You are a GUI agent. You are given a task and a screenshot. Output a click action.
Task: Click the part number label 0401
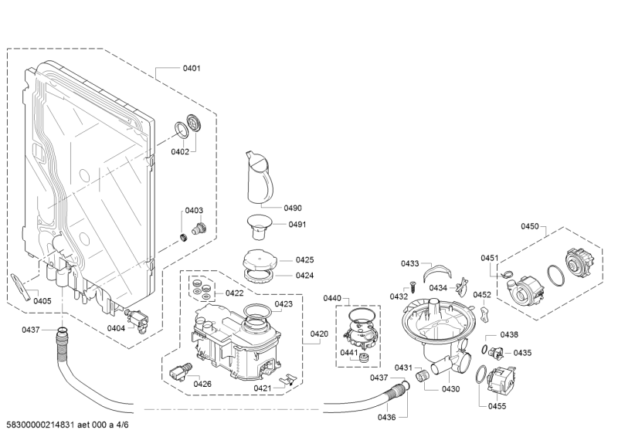click(192, 69)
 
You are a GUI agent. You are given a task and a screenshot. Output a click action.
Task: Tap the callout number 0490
click(292, 208)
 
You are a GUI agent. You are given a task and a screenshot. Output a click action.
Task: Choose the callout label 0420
click(320, 334)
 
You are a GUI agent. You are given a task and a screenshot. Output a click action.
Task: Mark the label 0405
click(42, 301)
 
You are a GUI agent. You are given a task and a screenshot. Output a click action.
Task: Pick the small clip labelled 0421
click(288, 378)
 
